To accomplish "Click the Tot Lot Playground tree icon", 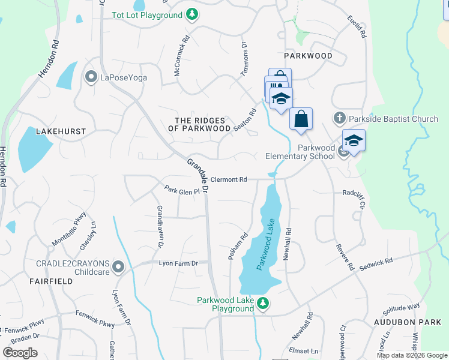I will click(x=191, y=14).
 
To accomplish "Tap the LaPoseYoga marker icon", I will click(x=91, y=77).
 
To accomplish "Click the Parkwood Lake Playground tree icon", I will click(x=262, y=304).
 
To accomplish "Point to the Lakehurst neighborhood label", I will click(x=61, y=131).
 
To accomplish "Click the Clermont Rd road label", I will click(x=229, y=179).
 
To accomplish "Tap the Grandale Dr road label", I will click(x=197, y=175).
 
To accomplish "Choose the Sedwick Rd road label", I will click(x=376, y=265).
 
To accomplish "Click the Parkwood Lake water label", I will click(x=268, y=245).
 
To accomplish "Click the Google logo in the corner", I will click(x=20, y=353).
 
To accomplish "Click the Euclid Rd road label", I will click(x=356, y=28).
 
